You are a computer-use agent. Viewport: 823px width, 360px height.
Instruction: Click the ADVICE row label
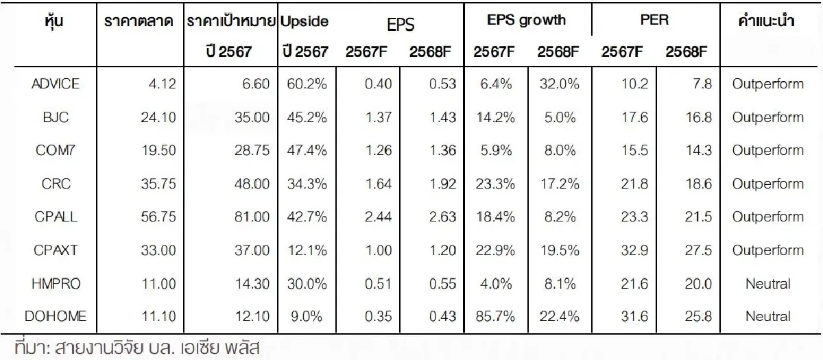point(56,84)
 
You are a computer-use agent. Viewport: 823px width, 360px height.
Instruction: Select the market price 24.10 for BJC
point(159,118)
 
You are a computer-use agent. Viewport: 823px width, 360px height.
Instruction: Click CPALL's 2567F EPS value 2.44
point(371,217)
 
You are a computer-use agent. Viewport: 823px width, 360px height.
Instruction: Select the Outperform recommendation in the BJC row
point(767,118)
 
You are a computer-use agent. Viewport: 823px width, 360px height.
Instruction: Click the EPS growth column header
point(526,20)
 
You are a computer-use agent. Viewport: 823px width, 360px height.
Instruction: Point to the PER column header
point(654,20)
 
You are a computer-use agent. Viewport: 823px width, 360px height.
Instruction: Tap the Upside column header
point(304,21)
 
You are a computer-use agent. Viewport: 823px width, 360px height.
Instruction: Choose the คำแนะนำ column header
point(767,21)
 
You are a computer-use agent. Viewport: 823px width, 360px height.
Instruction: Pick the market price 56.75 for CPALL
point(159,217)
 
